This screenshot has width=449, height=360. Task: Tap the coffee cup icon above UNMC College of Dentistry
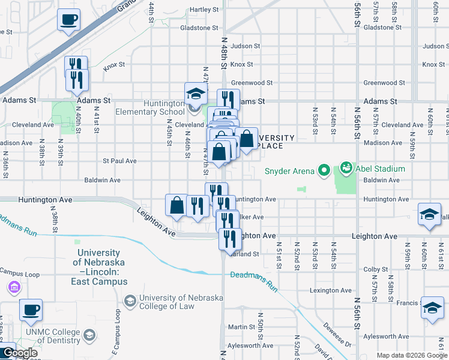pos(31,310)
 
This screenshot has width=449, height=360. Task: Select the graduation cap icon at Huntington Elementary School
pos(196,94)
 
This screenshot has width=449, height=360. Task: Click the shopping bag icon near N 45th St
pos(177,205)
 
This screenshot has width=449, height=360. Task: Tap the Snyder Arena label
pos(289,172)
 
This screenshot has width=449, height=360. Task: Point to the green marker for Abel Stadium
pos(346,167)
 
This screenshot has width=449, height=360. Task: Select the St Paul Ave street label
pos(119,161)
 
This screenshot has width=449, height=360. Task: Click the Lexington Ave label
pos(330,290)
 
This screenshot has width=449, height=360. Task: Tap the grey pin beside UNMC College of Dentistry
pos(89,334)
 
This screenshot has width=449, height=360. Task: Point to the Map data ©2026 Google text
pos(411,355)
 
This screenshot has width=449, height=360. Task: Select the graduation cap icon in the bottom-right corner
pos(432,307)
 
